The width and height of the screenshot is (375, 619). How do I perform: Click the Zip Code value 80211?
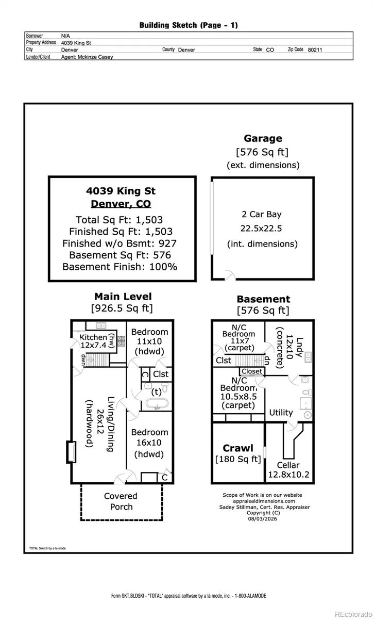(x=315, y=50)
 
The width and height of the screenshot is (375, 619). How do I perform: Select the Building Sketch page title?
(x=189, y=25)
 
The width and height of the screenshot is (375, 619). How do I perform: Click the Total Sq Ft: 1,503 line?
(x=119, y=220)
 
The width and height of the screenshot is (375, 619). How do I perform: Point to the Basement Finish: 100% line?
(x=120, y=267)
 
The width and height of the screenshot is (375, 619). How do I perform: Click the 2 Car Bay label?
(x=262, y=214)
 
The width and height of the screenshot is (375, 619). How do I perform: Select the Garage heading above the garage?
(x=263, y=138)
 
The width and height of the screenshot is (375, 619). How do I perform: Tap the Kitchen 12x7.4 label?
(x=93, y=341)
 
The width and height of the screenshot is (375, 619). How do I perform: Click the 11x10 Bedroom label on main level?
(x=149, y=341)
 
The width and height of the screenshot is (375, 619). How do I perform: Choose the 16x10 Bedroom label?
(x=149, y=443)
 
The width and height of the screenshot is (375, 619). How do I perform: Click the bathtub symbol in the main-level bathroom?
(x=157, y=404)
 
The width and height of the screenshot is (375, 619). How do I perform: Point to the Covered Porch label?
(x=121, y=501)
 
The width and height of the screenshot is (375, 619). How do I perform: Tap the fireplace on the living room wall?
(x=71, y=452)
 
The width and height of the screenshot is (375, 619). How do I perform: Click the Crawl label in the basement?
(x=238, y=448)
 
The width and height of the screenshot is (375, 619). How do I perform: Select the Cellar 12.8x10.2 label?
(x=288, y=470)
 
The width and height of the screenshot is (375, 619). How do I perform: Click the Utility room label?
(x=281, y=413)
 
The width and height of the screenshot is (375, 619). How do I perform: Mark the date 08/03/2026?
(x=262, y=519)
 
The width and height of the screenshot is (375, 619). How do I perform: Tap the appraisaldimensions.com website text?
(x=264, y=501)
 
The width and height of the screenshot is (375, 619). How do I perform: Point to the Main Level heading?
(x=123, y=297)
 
